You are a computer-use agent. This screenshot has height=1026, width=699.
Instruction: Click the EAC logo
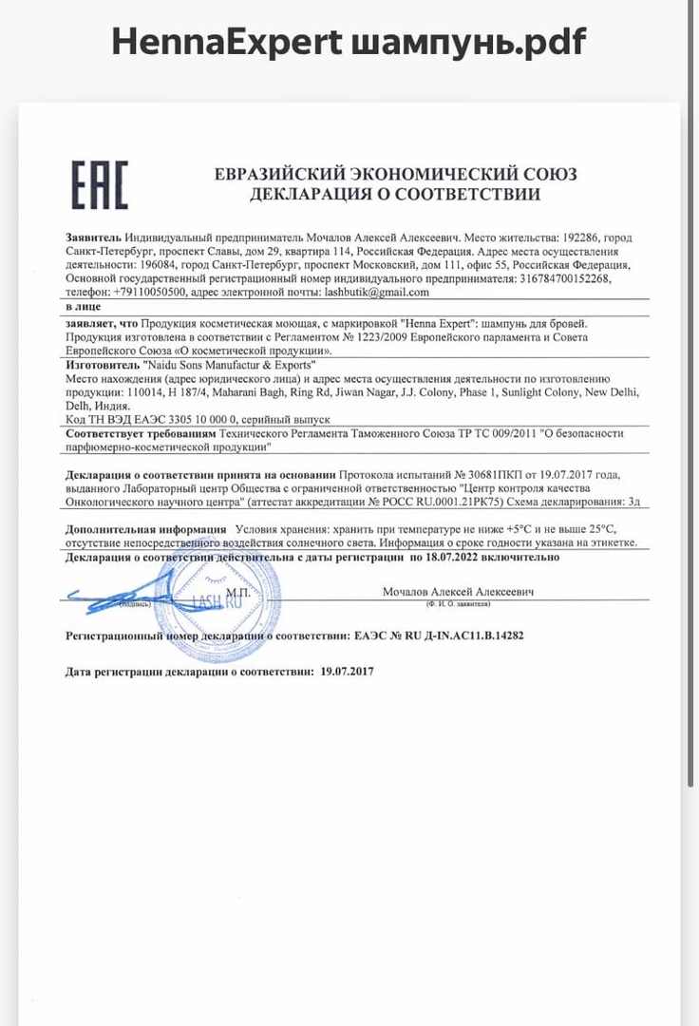100,184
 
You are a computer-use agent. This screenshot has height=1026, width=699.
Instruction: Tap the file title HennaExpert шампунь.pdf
349,41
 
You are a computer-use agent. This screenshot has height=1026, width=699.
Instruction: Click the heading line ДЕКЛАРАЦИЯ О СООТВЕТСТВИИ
395,195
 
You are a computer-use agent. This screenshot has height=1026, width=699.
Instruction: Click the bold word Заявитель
94,237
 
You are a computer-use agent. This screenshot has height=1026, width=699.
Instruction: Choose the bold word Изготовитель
102,365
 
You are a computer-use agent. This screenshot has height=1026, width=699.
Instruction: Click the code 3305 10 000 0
193,418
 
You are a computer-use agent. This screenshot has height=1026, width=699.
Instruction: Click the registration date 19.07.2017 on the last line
348,671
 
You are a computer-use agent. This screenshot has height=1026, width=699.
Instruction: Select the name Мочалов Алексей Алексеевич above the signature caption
458,592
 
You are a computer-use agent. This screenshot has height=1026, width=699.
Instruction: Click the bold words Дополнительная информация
145,528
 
